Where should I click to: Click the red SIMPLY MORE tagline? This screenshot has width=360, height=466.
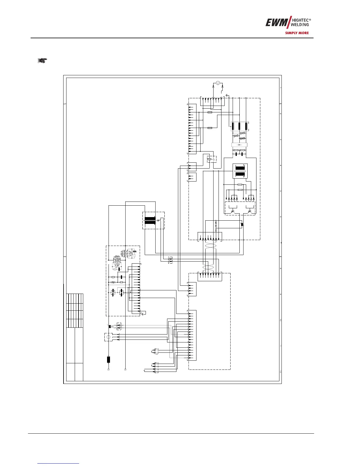297,33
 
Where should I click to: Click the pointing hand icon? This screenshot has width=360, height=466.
42,61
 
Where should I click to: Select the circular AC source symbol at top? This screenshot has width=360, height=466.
218,83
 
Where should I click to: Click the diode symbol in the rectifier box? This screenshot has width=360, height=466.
239,145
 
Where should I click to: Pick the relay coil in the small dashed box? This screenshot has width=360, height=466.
209,160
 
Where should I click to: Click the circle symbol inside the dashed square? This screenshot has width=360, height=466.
108,337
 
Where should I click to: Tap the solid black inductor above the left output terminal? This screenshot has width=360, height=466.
108,359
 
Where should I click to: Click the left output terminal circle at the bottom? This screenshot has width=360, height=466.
108,369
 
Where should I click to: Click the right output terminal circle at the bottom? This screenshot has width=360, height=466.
125,369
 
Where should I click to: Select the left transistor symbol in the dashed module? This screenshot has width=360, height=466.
233,211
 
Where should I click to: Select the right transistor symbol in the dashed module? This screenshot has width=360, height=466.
250,211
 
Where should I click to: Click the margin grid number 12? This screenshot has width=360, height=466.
281,372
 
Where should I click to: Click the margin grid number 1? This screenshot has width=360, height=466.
281,88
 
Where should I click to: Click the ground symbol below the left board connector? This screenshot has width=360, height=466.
143,314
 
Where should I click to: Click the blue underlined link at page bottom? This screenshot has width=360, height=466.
59,463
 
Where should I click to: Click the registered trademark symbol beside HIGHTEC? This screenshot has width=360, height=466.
310,19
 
